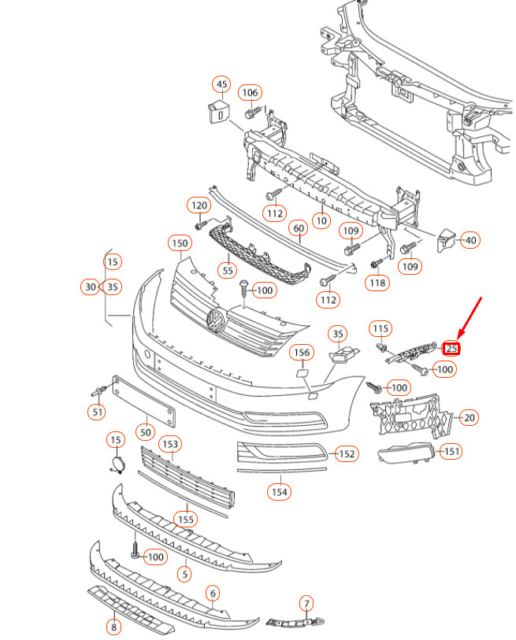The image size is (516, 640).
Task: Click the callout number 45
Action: [x=221, y=84]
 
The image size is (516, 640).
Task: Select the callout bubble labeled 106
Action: [x=250, y=93]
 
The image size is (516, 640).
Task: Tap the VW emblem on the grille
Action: [x=216, y=320]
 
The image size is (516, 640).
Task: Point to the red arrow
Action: [x=470, y=318]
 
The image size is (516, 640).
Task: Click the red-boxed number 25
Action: [x=451, y=348]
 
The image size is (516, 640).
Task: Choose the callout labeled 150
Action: [x=180, y=244]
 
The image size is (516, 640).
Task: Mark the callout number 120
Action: [x=199, y=205]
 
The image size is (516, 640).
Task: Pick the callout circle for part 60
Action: [x=299, y=228]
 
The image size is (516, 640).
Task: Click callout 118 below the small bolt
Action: [x=377, y=283]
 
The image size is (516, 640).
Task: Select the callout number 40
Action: [x=470, y=240]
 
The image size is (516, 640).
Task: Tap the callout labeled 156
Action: [x=302, y=352]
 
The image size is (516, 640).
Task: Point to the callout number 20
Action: [x=470, y=417]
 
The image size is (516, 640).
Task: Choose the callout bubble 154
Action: [x=280, y=492]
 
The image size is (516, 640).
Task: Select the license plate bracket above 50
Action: [x=144, y=401]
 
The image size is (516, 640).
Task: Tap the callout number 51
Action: [x=97, y=412]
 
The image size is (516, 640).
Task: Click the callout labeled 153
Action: [x=170, y=444]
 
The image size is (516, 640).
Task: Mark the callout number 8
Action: [x=114, y=627]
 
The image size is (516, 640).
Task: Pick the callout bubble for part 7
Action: [x=306, y=603]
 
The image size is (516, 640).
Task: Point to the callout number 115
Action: [x=381, y=328]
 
